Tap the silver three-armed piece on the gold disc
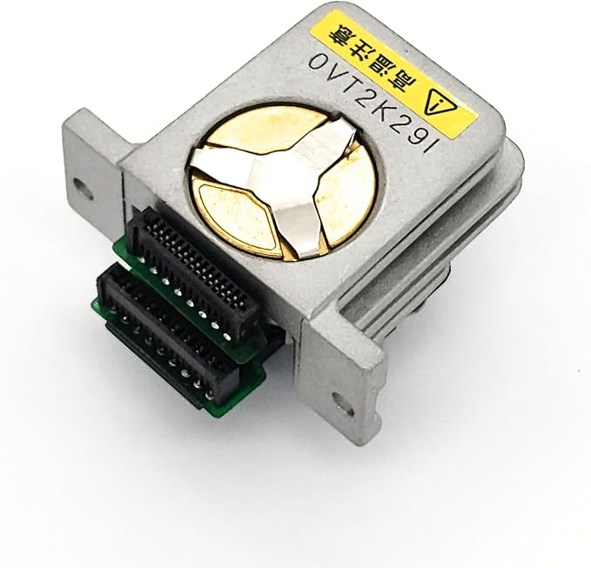pyautogui.click(x=279, y=180)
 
